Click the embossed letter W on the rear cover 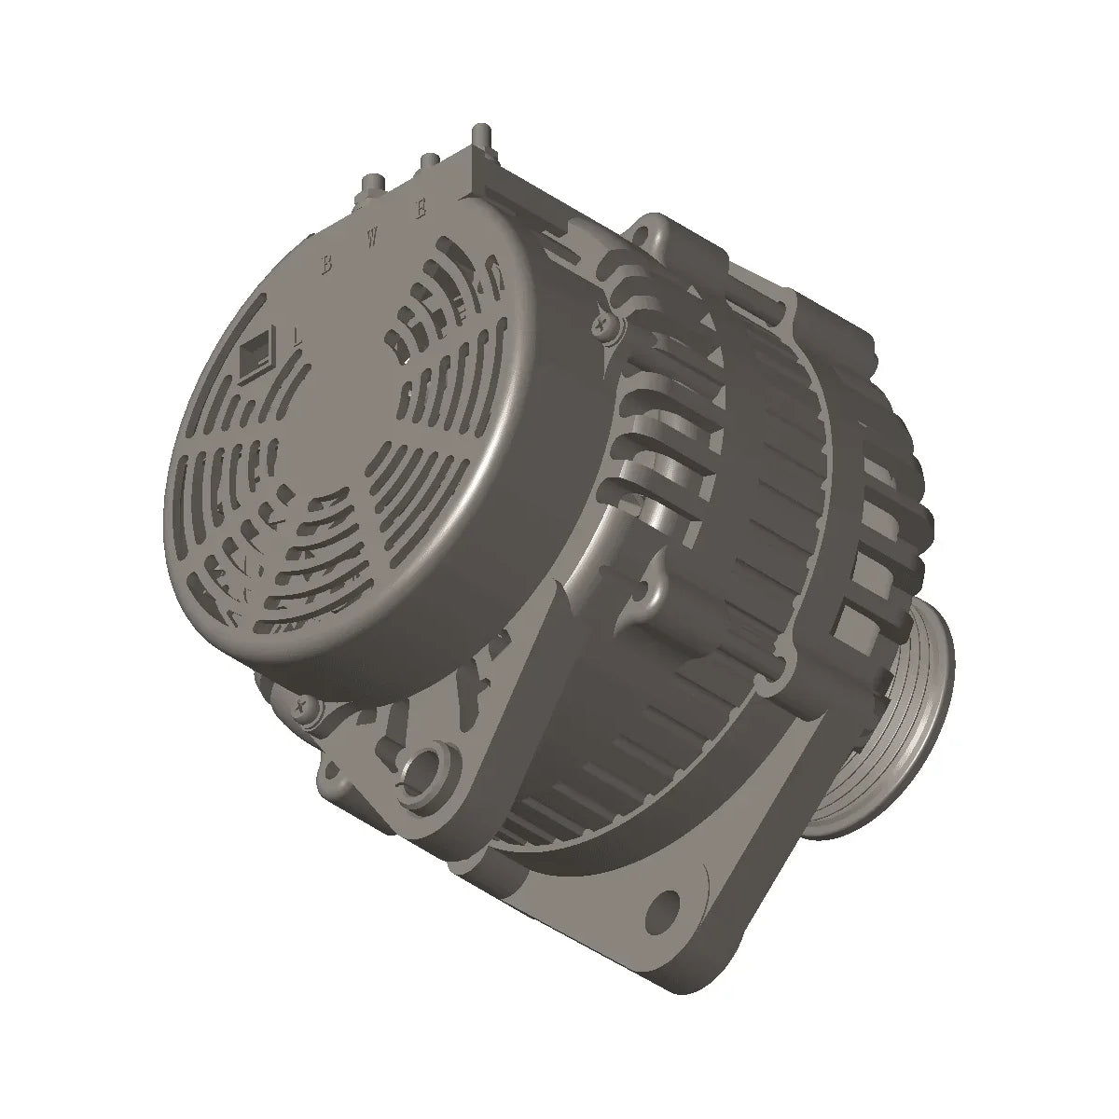(372, 237)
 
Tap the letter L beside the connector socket (297, 335)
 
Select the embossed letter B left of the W (326, 264)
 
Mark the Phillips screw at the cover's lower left (301, 706)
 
